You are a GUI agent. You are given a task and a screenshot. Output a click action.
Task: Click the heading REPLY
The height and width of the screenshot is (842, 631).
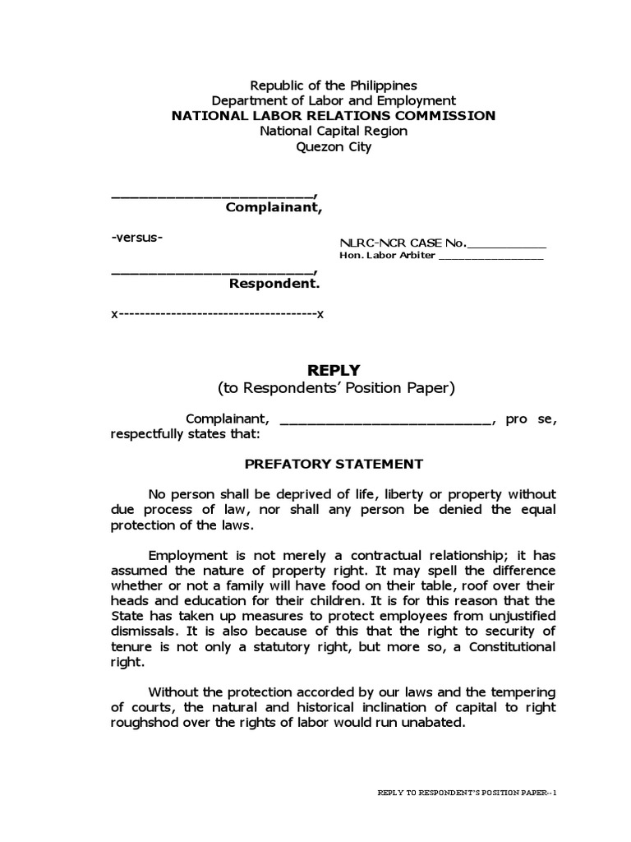click(334, 371)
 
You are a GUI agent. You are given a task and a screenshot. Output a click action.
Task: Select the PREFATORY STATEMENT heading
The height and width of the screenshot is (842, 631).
click(334, 464)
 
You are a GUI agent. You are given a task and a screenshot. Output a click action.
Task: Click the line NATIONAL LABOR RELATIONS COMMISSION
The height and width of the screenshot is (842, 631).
click(334, 115)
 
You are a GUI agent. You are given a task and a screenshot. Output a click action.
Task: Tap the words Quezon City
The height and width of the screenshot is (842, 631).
click(334, 147)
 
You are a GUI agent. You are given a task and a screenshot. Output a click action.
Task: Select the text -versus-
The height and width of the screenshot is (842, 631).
click(137, 238)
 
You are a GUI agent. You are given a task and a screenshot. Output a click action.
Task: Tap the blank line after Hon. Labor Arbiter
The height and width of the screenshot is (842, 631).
click(491, 257)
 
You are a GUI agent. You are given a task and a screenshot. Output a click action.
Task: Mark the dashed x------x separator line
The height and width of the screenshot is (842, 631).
click(218, 315)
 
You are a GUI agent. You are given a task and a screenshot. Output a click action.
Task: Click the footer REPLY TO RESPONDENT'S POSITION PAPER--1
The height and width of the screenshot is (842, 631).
click(467, 793)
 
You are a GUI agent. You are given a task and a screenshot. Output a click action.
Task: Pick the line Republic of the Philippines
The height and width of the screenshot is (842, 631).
click(334, 86)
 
